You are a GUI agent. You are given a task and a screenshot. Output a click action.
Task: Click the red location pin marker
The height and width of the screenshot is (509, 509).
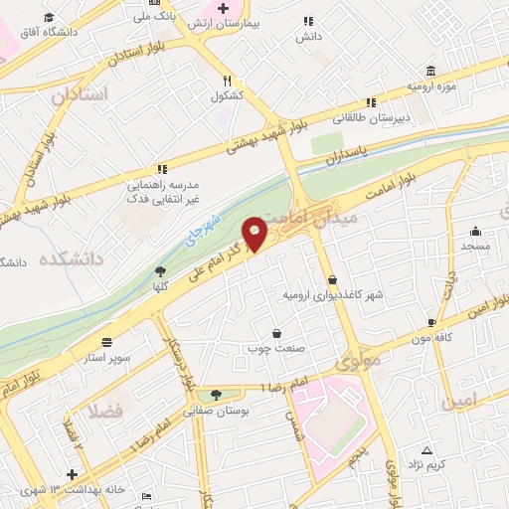tap(255, 234)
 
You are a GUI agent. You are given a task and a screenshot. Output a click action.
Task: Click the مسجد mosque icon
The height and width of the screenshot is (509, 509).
tap(476, 230)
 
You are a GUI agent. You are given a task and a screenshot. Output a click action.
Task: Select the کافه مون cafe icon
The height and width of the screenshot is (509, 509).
tap(430, 323)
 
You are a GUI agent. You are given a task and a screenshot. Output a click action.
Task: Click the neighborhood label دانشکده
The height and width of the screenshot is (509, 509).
tap(72, 259)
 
